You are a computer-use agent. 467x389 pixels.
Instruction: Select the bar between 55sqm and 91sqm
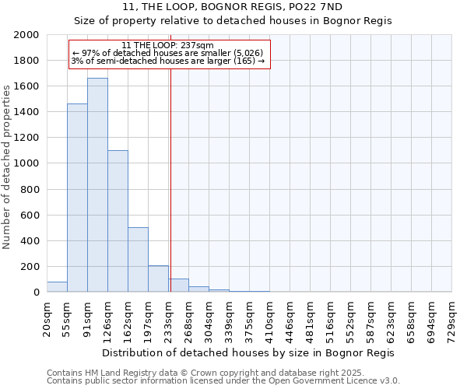click(x=77, y=198)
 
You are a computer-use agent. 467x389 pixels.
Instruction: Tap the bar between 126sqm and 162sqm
click(x=118, y=221)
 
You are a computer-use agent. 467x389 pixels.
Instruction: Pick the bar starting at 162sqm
click(x=138, y=260)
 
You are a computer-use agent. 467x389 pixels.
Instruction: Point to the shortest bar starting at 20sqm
click(x=57, y=287)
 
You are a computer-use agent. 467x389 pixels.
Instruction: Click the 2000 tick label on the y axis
click(x=26, y=35)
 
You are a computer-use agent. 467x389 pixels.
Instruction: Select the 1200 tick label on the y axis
click(x=26, y=138)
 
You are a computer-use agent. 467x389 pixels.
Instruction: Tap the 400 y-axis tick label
click(x=29, y=241)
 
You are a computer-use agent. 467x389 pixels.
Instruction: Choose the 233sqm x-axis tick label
click(x=169, y=318)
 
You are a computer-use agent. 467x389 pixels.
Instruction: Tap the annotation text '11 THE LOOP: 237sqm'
click(x=168, y=46)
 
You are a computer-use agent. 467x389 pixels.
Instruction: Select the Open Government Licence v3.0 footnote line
click(x=223, y=381)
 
